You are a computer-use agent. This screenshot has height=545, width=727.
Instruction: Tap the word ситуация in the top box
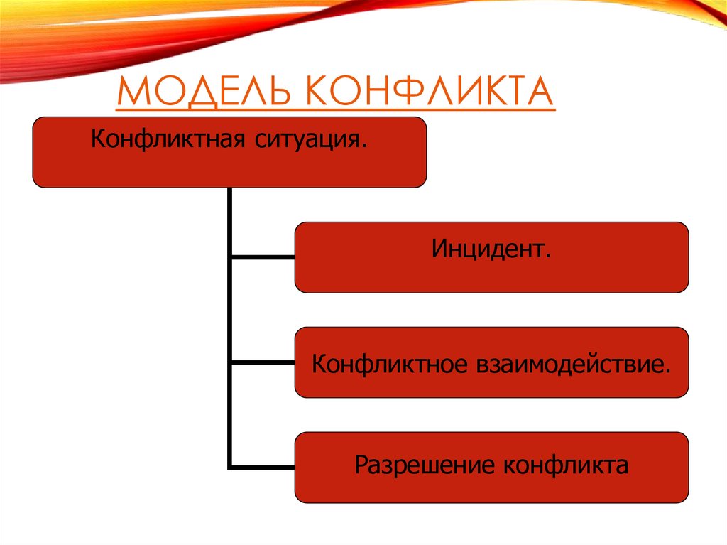pyautogui.click(x=305, y=136)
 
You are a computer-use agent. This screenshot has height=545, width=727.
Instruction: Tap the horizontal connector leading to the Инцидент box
pyautogui.click(x=263, y=257)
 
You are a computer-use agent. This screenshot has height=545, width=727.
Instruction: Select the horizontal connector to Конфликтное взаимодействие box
pyautogui.click(x=263, y=362)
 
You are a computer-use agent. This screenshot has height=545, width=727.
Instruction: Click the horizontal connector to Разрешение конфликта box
pyautogui.click(x=263, y=467)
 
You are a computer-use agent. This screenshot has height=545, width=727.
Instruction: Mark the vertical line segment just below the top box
pyautogui.click(x=230, y=206)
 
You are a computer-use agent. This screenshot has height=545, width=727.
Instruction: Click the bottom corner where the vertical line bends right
pyautogui.click(x=231, y=467)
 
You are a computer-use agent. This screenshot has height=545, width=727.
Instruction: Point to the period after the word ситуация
pyautogui.click(x=364, y=142)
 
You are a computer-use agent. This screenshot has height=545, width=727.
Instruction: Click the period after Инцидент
pyautogui.click(x=549, y=256)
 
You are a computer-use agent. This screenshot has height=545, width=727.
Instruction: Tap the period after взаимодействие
pyautogui.click(x=667, y=370)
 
